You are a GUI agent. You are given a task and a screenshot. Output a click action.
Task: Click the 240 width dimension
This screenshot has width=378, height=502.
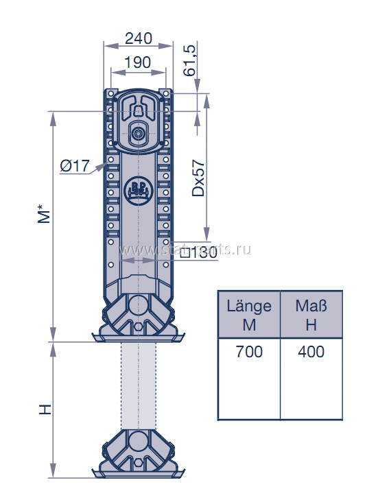click(139, 38)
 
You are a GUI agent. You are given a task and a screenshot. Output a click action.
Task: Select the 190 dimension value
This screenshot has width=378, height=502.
click(137, 62)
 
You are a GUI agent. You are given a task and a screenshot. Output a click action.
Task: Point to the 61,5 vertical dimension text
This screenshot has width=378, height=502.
click(189, 60)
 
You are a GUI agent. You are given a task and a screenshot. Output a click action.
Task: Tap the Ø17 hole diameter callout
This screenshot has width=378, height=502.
click(75, 166)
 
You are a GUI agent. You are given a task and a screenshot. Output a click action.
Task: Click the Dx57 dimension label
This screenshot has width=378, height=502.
click(198, 178)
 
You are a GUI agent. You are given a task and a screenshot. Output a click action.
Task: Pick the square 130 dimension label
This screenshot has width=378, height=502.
click(199, 254)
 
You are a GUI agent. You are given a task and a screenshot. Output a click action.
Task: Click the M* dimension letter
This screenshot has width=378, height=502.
click(44, 213)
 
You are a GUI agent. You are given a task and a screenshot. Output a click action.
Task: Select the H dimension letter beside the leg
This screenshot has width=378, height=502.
click(45, 409)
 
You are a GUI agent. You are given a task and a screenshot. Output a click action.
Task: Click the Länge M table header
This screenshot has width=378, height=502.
click(249, 315)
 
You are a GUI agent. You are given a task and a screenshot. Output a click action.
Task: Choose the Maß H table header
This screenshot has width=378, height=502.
click(311, 315)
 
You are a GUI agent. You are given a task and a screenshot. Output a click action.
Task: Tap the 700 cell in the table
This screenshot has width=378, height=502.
click(249, 352)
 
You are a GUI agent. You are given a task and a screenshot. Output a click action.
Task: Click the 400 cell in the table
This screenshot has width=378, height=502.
click(311, 352)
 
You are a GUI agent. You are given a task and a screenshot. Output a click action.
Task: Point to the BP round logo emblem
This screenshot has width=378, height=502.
click(138, 190)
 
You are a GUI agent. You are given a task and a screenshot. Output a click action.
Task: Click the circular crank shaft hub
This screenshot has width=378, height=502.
click(139, 133)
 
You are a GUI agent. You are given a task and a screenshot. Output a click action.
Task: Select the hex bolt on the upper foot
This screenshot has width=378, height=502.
click(138, 326)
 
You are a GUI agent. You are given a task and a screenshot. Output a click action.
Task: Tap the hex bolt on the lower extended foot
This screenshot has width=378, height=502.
click(138, 464)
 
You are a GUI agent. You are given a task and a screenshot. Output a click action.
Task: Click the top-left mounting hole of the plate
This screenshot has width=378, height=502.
click(110, 93)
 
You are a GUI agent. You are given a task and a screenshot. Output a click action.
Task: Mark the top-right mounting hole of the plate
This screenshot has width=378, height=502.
click(166, 93)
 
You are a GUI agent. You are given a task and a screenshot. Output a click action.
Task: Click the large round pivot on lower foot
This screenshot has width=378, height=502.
click(138, 440)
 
